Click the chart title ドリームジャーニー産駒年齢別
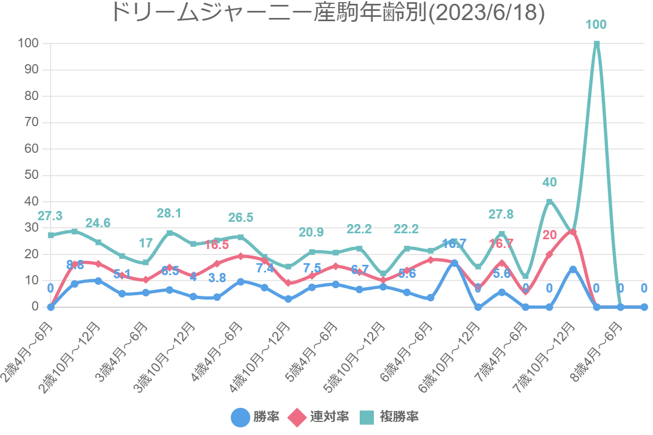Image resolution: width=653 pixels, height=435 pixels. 327,13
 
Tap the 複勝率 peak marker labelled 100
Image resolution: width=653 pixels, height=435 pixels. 597,44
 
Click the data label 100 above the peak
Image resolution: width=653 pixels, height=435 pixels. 596,24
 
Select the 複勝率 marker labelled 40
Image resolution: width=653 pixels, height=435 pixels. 550,202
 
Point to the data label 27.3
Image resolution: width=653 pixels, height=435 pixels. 50,216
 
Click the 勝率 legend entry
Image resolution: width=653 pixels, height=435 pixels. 256,417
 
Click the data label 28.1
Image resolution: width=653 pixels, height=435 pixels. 169,213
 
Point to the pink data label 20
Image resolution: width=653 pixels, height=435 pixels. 550,235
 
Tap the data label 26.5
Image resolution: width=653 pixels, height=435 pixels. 241,217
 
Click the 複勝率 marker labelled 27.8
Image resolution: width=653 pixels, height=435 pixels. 502,234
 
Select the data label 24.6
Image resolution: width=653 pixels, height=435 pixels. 98,222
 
